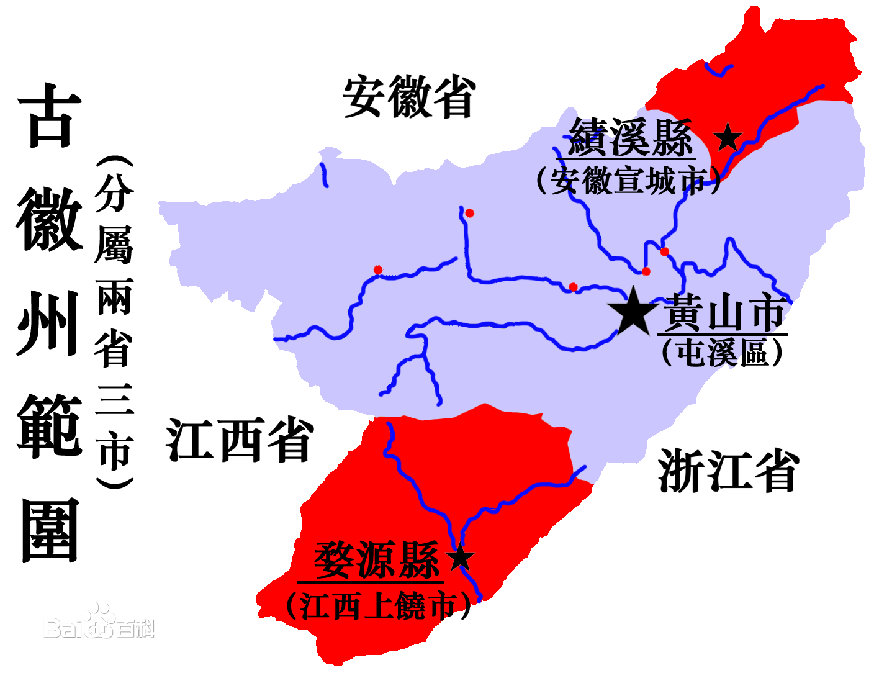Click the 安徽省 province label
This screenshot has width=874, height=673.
point(409,97)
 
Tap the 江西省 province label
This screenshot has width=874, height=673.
point(240,440)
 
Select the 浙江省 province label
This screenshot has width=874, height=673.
point(728,471)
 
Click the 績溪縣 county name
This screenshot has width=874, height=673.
point(630,138)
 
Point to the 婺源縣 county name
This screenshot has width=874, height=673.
point(376,560)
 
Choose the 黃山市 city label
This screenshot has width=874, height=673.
point(724,314)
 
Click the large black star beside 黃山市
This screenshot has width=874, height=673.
point(633,310)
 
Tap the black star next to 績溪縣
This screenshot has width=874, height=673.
point(728,137)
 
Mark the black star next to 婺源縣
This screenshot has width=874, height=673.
point(460,558)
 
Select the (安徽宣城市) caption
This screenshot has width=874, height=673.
point(628,181)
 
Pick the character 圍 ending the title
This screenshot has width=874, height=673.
point(50,531)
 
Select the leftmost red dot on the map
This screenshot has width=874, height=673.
point(377,269)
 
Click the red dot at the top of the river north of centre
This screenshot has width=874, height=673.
point(469,214)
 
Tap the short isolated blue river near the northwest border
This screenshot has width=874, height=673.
point(323,175)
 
